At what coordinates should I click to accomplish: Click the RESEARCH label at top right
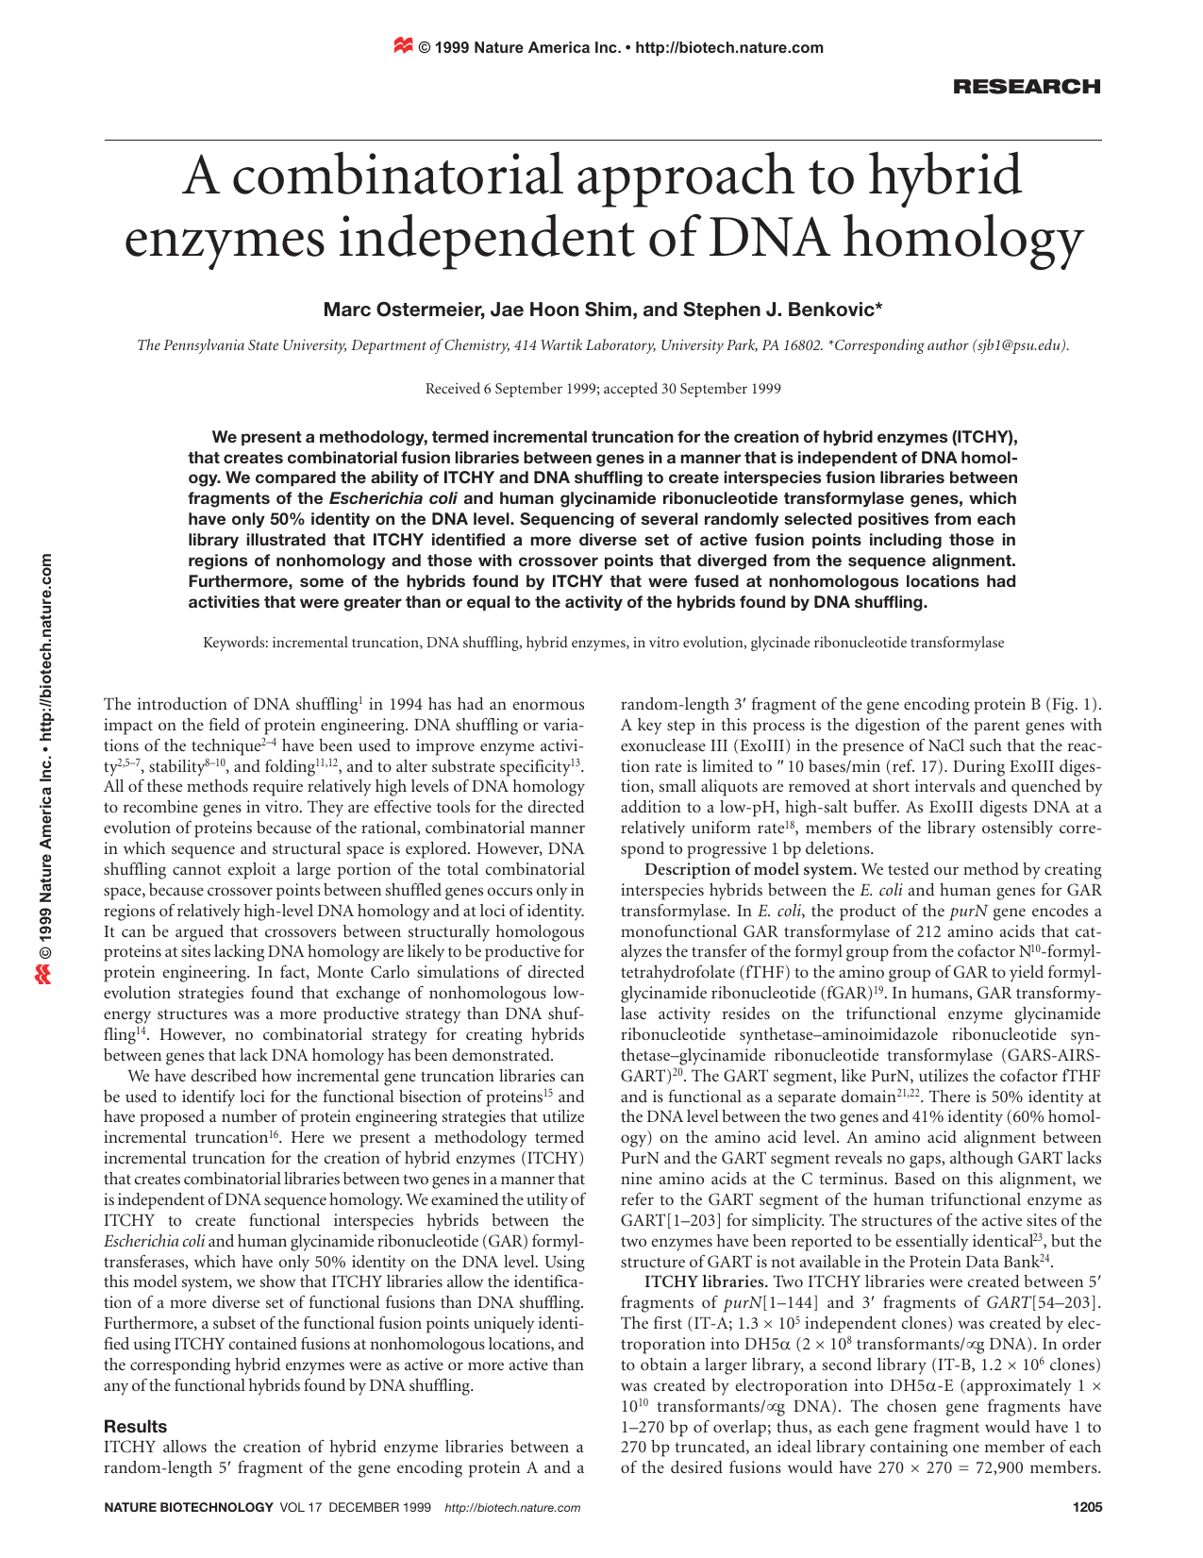coord(1027,87)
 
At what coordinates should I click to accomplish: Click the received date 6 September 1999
coord(538,389)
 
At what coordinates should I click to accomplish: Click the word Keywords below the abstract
coord(234,643)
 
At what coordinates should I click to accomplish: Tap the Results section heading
coord(135,1426)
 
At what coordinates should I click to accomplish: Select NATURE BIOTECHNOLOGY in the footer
coord(190,1508)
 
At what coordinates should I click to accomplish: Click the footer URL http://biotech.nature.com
coord(512,1508)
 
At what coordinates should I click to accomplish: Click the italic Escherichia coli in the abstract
coord(393,498)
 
